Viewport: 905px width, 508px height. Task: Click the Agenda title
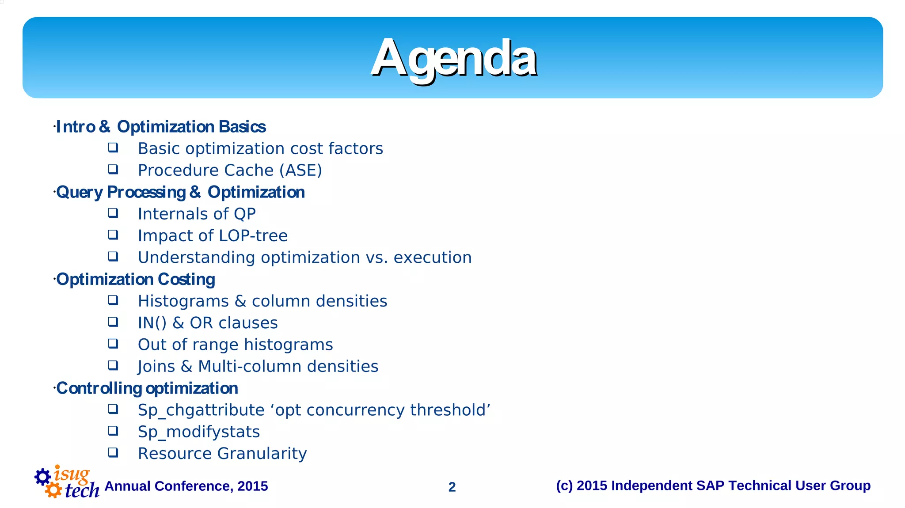tap(453, 58)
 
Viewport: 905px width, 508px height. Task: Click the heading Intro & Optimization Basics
tap(161, 127)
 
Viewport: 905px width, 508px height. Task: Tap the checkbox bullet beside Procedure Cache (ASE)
tap(113, 169)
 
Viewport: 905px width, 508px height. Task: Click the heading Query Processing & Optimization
tap(180, 192)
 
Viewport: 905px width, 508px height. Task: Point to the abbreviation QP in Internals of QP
tap(245, 214)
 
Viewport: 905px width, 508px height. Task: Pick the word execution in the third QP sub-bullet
tap(433, 258)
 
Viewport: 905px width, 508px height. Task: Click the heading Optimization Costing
tap(136, 279)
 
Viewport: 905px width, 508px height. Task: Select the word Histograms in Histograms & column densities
tap(183, 301)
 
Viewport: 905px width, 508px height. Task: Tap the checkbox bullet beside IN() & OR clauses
tap(113, 322)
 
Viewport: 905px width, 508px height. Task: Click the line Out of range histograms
tap(235, 345)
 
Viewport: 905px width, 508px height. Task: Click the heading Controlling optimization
tap(147, 388)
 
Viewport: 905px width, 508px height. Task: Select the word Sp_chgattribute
tap(201, 410)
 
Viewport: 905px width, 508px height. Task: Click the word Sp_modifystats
tap(199, 432)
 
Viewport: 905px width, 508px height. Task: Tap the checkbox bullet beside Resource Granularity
tap(113, 452)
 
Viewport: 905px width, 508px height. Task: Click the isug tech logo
tap(67, 482)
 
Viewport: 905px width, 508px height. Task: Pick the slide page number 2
tap(452, 487)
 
